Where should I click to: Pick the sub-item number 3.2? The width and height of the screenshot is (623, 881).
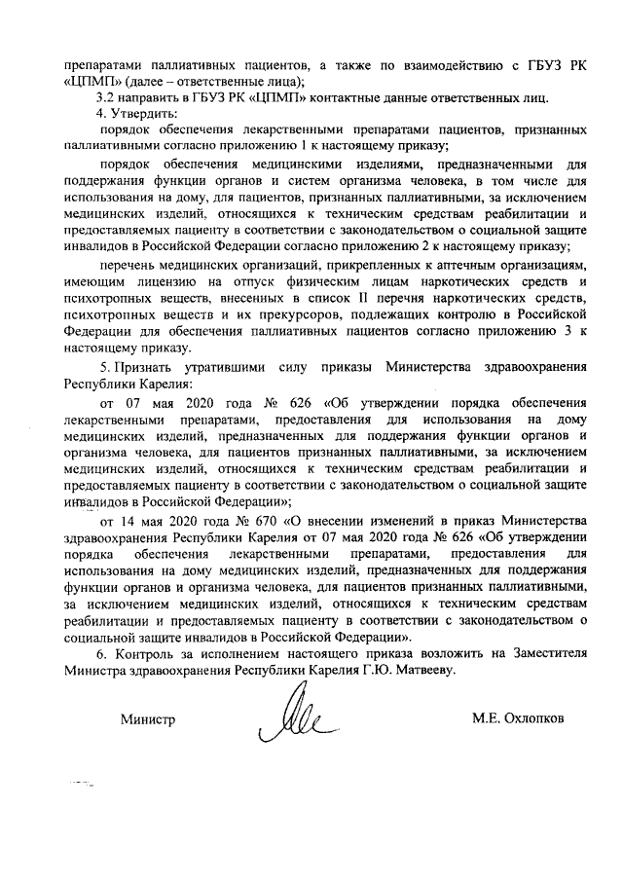click(106, 97)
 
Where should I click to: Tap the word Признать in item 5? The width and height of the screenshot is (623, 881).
click(146, 368)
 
